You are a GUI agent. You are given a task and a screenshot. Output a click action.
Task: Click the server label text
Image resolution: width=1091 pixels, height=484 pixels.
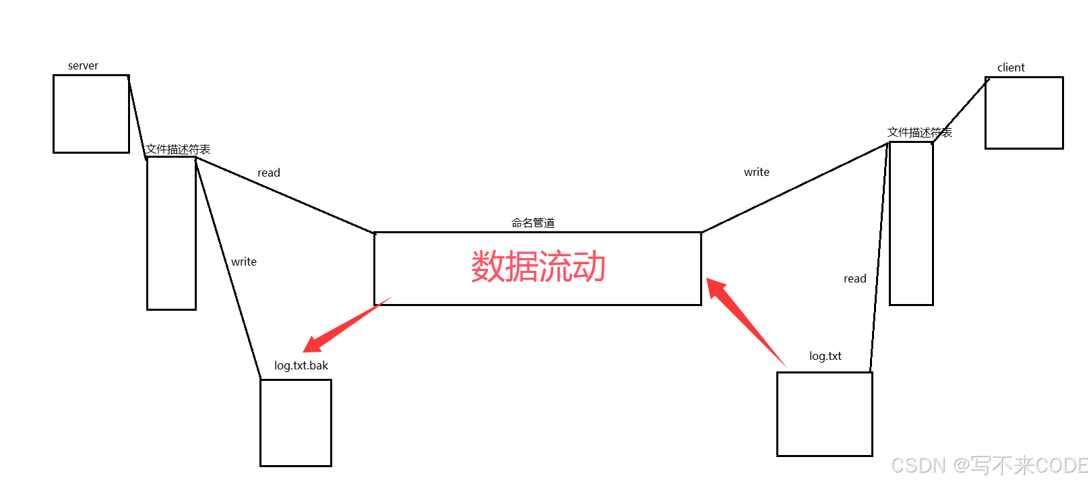pos(83,66)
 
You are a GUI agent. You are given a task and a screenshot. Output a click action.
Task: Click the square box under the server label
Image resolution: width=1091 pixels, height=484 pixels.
pos(91,114)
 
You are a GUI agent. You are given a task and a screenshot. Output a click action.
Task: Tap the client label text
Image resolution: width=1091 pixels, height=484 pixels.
pos(1011,67)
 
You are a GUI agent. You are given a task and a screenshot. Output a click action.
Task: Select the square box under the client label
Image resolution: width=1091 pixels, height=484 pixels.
pos(1024,113)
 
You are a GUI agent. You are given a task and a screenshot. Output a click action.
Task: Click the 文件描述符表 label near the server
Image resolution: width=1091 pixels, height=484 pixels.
pos(179,149)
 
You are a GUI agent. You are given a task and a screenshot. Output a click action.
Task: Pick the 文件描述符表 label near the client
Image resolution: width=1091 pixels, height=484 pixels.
pos(919,132)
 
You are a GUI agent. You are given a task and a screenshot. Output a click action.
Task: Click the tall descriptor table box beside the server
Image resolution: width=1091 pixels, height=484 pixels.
pos(171,233)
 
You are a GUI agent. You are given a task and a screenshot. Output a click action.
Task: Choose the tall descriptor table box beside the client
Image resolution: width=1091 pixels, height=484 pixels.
pos(911,223)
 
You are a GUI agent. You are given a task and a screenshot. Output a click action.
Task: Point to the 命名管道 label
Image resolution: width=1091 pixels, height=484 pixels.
pos(533,222)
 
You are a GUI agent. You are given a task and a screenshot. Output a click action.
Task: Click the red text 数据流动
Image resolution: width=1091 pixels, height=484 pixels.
pos(538,267)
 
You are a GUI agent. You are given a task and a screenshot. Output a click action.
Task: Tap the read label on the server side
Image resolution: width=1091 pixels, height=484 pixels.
pos(269,173)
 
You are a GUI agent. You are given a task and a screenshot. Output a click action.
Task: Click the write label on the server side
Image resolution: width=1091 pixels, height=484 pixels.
pos(244,262)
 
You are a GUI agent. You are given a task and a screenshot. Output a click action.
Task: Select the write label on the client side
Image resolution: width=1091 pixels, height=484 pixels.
pos(756,172)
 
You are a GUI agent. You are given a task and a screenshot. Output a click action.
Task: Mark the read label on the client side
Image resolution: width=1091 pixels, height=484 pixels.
pos(854,278)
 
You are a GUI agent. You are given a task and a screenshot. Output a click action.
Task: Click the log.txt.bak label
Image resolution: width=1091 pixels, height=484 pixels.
pos(301,365)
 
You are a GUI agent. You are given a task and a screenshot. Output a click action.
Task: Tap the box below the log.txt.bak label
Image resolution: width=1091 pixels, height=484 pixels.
pos(296,423)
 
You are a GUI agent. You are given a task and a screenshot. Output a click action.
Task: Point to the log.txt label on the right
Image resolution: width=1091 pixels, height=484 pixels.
pos(825,356)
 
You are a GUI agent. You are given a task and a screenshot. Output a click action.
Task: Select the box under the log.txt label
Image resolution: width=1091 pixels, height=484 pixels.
pos(824,414)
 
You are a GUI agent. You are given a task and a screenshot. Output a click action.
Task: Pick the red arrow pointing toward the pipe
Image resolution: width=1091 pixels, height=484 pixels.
pos(745,322)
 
